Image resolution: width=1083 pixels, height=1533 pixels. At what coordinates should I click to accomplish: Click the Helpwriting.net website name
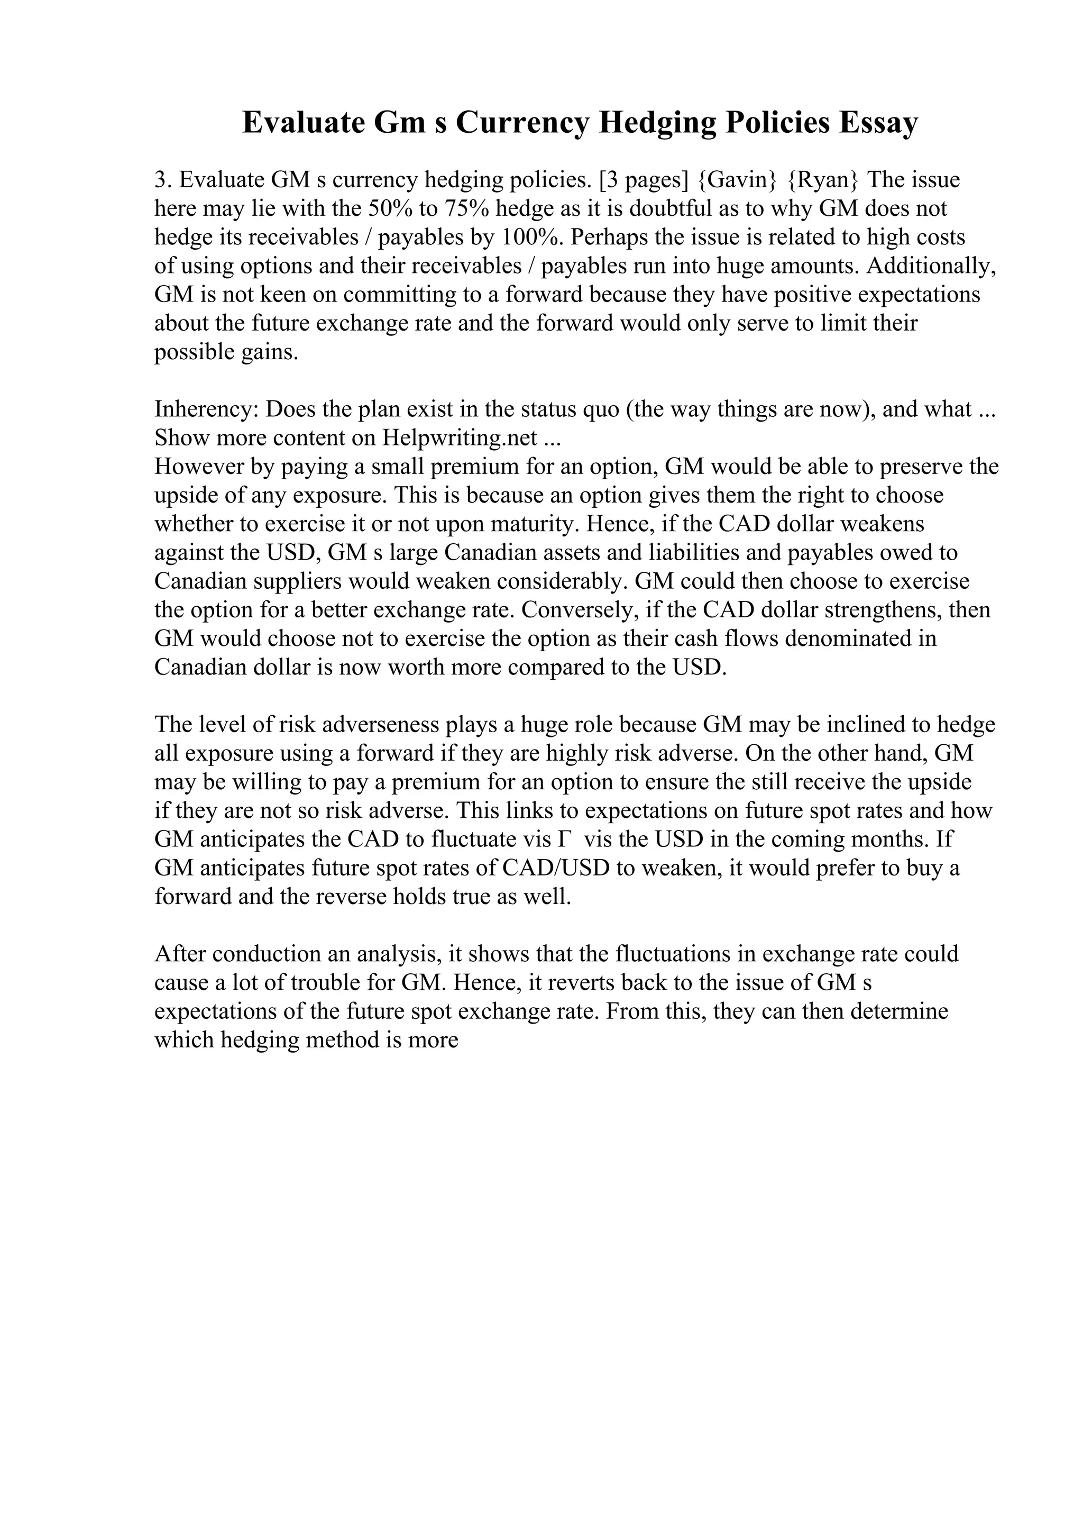(x=460, y=437)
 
